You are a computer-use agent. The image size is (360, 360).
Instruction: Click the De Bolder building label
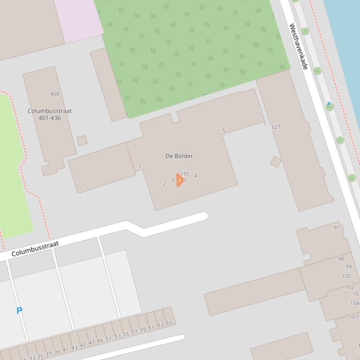(x=179, y=156)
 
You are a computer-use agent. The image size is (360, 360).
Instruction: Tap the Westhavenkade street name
(x=298, y=46)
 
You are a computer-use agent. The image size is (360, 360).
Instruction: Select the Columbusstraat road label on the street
(x=36, y=249)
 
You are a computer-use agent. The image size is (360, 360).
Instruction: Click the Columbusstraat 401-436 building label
(x=50, y=115)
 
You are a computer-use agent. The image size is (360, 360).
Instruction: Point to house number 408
(x=54, y=94)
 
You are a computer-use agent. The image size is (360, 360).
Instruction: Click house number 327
(x=275, y=127)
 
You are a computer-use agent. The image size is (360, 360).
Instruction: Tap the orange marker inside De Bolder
(x=179, y=180)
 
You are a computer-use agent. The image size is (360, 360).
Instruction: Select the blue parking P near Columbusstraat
(x=19, y=310)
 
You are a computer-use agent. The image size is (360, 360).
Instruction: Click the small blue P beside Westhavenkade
(x=329, y=104)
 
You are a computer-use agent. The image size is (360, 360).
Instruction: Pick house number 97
(x=337, y=228)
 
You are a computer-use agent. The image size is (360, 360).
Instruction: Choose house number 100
(x=346, y=276)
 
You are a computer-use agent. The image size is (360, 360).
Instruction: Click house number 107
(x=354, y=317)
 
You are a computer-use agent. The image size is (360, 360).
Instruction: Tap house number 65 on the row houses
(x=169, y=323)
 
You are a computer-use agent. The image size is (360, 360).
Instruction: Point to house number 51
(x=109, y=339)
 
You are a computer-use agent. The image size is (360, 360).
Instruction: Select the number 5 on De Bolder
(x=224, y=131)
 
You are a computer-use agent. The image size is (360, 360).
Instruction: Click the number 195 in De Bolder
(x=185, y=174)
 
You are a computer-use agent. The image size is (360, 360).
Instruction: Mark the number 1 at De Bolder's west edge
(x=140, y=166)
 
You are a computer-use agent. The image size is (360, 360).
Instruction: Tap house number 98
(x=341, y=259)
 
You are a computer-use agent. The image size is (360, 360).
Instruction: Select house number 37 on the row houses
(x=48, y=354)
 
